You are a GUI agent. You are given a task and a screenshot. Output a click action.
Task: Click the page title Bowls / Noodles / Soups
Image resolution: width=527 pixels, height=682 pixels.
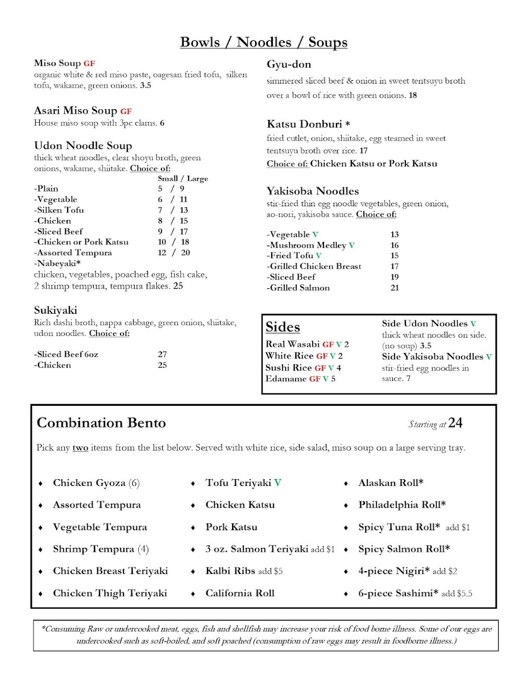pos(263,42)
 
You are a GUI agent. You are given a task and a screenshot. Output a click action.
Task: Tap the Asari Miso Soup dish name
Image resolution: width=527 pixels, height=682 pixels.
pos(76,111)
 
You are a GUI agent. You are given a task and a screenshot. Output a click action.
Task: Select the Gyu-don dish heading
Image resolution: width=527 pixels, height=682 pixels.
pos(289,64)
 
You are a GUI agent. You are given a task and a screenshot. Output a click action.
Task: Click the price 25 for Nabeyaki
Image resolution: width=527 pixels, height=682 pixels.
pos(178,286)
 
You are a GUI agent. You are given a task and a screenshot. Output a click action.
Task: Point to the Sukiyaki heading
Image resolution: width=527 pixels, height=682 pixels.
pos(55,310)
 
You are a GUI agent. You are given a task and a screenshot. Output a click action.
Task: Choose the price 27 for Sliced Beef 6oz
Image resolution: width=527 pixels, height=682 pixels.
pos(163,354)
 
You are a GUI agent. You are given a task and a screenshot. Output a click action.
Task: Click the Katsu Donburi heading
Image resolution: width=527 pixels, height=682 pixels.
pos(304,124)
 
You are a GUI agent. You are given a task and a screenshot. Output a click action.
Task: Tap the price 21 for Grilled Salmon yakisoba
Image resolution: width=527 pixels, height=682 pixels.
pos(395,288)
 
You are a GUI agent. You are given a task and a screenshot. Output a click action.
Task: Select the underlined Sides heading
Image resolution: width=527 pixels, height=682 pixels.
pos(283,327)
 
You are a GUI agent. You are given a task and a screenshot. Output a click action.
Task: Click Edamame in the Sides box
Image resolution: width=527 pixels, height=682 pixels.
pos(286,379)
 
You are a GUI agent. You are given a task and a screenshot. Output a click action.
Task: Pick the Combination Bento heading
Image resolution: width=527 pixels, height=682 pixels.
pos(101,423)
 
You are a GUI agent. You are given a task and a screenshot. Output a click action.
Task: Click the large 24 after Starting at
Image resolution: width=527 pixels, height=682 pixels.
pos(455,423)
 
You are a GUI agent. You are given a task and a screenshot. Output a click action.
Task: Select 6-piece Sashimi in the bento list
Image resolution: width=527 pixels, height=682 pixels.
pos(398,593)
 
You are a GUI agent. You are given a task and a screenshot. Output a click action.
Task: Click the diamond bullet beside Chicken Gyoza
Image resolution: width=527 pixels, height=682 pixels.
pos(40,483)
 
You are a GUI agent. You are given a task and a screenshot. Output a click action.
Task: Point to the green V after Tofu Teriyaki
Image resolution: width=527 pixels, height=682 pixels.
pos(277,483)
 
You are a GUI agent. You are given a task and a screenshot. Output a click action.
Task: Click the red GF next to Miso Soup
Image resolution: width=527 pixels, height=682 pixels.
pos(89,63)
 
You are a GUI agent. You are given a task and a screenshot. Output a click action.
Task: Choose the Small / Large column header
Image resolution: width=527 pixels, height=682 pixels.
pos(182,178)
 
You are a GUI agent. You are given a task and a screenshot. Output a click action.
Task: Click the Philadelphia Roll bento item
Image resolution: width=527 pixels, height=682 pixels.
pos(401,505)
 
